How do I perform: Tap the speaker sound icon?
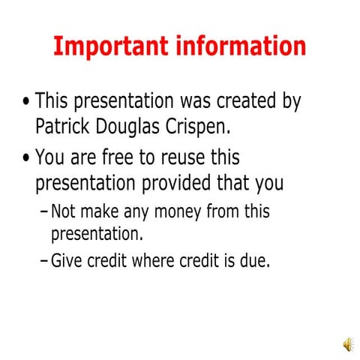349,344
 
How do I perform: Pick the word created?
234,101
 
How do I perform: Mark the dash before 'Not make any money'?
43,211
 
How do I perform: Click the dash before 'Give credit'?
43,262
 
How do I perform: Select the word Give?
66,261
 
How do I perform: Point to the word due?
253,261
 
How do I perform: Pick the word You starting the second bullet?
50,159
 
